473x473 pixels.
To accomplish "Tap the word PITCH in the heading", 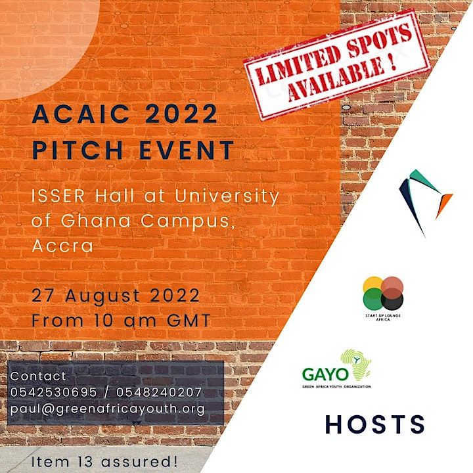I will click(73, 150).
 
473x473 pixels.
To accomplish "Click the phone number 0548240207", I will click(159, 392).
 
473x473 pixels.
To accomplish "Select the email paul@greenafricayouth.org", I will click(107, 409).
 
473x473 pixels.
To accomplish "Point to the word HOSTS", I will click(375, 424).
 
